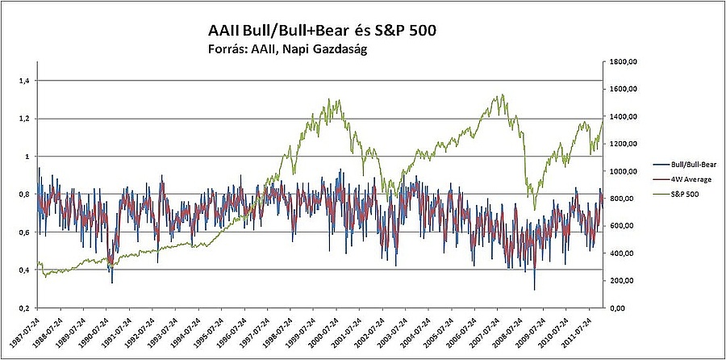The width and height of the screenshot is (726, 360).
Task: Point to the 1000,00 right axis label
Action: click(x=624, y=171)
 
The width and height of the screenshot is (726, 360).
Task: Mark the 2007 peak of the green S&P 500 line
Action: click(x=502, y=95)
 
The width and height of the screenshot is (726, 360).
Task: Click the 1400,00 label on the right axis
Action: click(x=624, y=116)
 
